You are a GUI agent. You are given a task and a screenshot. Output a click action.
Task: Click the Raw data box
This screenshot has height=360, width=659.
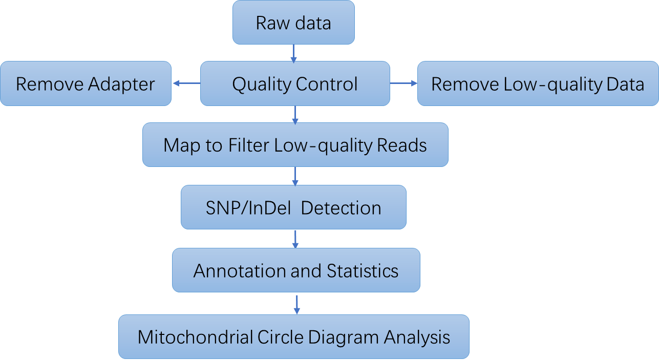point(293,23)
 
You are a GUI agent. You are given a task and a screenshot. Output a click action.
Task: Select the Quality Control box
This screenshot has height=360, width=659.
point(294,84)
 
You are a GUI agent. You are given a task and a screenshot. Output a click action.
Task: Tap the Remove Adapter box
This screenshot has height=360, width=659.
point(86,84)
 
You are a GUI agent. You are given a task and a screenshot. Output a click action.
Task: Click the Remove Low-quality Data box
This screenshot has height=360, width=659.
point(538,84)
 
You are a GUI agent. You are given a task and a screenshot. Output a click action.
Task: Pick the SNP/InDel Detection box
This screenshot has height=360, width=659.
point(293,207)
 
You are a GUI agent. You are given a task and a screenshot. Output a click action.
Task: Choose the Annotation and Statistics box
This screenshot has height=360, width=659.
point(296,270)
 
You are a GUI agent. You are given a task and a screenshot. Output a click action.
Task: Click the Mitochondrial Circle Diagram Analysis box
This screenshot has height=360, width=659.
point(294,337)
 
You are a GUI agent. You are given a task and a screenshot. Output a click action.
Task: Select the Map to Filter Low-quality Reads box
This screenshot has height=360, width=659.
point(295,145)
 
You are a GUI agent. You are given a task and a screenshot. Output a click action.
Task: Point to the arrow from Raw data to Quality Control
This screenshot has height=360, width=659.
point(293,53)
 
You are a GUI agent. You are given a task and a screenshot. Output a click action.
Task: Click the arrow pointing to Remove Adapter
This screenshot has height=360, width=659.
point(186,83)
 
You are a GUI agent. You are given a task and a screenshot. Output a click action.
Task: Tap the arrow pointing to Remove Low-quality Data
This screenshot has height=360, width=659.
point(404,83)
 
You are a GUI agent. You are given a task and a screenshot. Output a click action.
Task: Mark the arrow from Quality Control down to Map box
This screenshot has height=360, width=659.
point(295,115)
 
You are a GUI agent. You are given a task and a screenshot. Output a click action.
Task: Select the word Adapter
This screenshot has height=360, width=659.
point(122,84)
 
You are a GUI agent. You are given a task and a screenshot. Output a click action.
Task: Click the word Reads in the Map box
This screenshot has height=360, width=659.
point(402,145)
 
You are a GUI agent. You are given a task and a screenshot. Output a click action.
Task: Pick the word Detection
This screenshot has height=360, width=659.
point(342,208)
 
